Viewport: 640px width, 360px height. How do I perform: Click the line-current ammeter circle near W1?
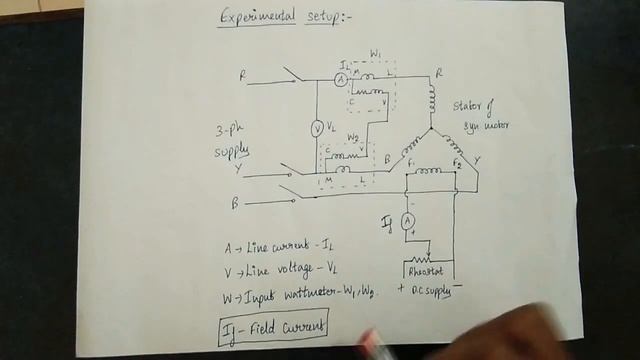tap(341, 78)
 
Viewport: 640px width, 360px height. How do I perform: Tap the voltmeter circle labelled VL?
tap(317, 127)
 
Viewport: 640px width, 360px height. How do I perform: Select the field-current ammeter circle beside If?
tap(408, 220)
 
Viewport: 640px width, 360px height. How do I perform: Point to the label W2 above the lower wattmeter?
tap(353, 137)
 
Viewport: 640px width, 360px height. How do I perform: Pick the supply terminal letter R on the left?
tap(242, 75)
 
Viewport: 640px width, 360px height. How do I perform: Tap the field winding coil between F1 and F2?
tap(431, 171)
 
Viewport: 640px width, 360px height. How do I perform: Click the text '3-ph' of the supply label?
tap(228, 132)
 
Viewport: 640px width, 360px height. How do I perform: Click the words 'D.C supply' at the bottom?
tap(429, 290)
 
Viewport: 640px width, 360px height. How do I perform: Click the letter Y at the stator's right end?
tap(477, 159)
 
